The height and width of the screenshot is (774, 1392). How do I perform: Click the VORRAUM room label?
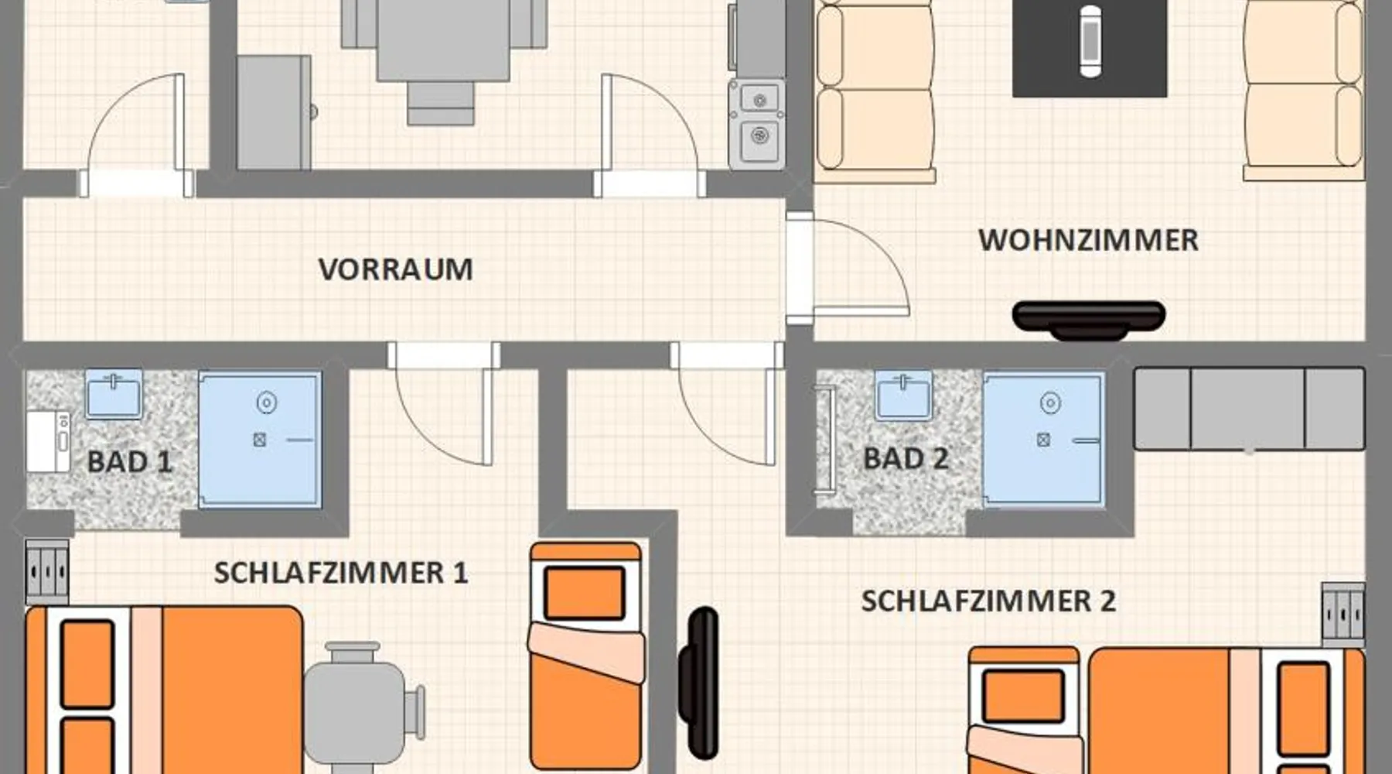[x=395, y=269]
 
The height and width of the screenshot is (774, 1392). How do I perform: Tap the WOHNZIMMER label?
[x=1088, y=240]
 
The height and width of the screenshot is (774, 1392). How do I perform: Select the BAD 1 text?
[x=129, y=462]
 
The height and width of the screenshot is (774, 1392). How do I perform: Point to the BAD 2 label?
[x=906, y=459]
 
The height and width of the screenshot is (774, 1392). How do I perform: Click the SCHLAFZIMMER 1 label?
[x=341, y=573]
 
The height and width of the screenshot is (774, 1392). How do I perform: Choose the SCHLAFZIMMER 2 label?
[x=988, y=601]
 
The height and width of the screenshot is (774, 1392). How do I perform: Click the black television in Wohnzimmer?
[x=1089, y=320]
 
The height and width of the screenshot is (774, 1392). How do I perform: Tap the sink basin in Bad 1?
[x=114, y=394]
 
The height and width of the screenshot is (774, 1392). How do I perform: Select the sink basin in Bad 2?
[x=903, y=395]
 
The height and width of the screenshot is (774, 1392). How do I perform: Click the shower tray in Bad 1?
[x=260, y=440]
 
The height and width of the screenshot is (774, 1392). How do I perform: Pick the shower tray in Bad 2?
[x=1043, y=440]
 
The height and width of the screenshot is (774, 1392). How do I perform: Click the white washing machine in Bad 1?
[x=49, y=441]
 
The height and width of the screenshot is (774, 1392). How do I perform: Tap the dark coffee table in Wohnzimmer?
[x=1090, y=48]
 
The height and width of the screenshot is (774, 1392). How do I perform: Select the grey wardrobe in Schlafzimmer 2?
[x=1249, y=409]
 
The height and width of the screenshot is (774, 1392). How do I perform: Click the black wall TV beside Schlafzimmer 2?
[x=699, y=682]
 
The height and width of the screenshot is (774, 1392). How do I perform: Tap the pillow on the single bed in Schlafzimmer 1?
[x=585, y=593]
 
